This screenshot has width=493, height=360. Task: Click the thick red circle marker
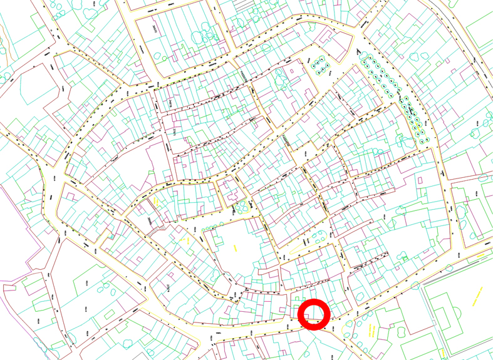(x=314, y=314)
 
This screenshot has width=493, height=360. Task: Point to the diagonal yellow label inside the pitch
(x=477, y=296)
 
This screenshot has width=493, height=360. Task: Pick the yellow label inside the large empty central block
(x=235, y=249)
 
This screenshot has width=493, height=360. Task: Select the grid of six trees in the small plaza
(x=320, y=66)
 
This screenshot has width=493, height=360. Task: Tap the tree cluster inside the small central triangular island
(x=319, y=237)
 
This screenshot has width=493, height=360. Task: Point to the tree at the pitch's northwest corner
(x=415, y=285)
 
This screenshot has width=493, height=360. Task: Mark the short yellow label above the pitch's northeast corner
(x=483, y=255)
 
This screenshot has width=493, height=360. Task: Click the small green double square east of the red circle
(x=405, y=257)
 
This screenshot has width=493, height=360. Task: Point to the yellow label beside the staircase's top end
(x=155, y=202)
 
